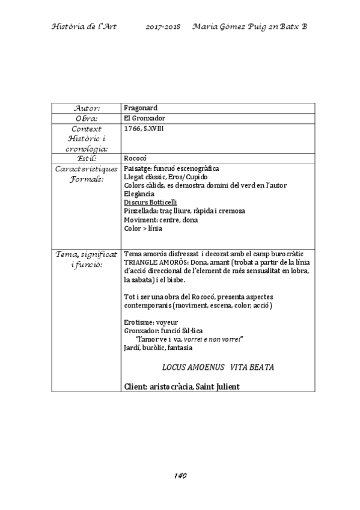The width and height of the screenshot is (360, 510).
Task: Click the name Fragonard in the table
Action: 140,108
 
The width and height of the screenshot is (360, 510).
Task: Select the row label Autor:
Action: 87,108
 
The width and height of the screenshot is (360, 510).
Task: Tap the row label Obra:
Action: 87,118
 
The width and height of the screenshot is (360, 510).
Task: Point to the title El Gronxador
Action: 144,118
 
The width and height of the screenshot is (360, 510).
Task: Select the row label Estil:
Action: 87,158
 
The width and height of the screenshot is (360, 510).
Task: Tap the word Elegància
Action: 138,194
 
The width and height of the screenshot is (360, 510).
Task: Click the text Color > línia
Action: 144,229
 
